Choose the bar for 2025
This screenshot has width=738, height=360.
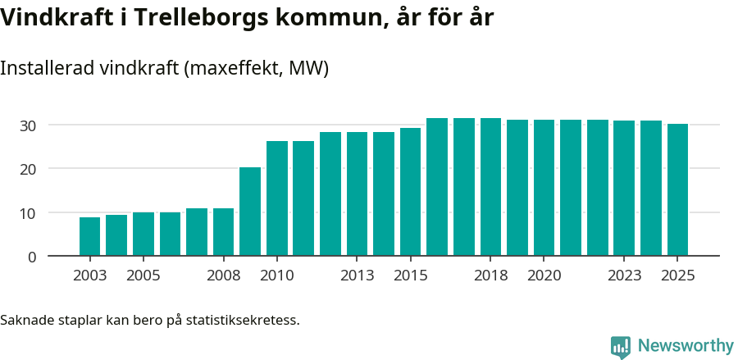[x=677, y=189]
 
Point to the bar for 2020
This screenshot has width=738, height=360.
[x=544, y=188]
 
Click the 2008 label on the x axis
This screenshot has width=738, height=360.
[x=223, y=276]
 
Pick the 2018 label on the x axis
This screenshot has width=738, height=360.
[x=490, y=276]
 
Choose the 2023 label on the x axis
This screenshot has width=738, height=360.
[x=624, y=276]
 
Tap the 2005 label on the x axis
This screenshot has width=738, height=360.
[x=143, y=276]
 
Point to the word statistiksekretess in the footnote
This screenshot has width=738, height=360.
[x=243, y=320]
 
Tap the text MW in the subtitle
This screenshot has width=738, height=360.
[x=311, y=69]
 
